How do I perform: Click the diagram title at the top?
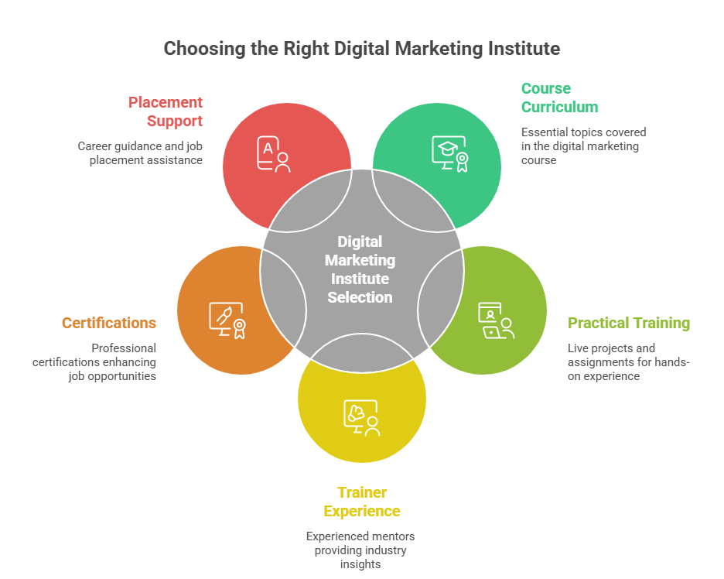361,49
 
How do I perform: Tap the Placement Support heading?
166,111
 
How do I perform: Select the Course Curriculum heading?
558,98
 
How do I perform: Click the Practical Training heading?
628,323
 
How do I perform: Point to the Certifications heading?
109,323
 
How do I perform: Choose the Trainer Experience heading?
362,502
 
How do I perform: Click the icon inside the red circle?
274,154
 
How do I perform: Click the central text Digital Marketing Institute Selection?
360,269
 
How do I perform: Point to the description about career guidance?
140,152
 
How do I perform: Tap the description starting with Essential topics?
583,146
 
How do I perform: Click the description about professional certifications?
94,362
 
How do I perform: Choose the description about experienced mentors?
360,550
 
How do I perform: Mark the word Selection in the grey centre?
360,297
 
